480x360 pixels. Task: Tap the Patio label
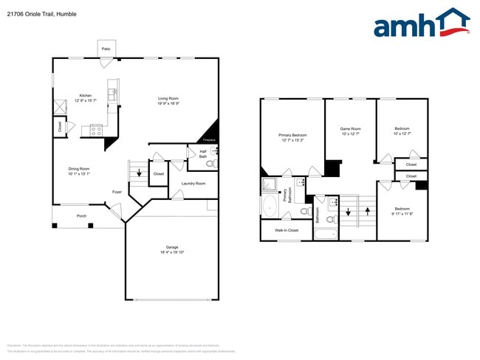106,49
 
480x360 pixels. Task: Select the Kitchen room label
86,95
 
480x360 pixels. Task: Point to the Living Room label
168,98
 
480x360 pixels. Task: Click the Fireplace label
210,139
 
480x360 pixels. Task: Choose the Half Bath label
202,154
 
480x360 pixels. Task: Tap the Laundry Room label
193,183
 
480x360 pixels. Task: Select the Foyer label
117,192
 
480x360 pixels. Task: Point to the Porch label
81,216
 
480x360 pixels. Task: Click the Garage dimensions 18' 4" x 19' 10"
172,252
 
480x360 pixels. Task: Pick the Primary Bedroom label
292,135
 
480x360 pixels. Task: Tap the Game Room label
350,128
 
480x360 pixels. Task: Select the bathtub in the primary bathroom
270,204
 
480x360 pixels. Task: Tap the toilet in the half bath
210,164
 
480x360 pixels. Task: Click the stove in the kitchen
96,130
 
